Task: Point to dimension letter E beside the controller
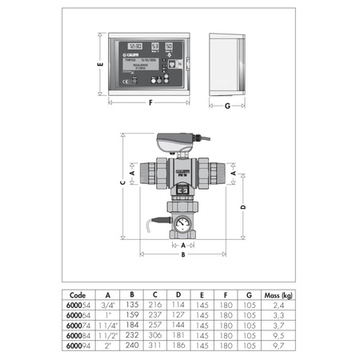click(x=98, y=67)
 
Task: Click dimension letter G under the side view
click(x=227, y=106)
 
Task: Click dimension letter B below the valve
click(x=183, y=255)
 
